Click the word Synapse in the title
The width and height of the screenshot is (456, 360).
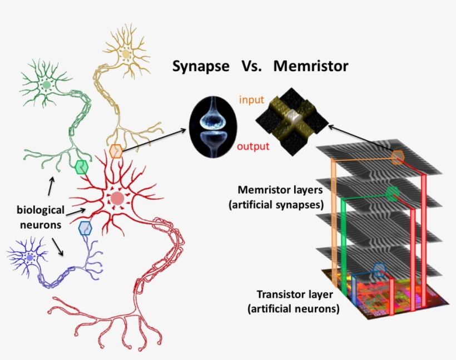200,66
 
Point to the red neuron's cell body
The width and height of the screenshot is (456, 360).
117,199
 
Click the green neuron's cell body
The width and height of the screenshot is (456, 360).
46,86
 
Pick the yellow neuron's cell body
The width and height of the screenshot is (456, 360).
126,54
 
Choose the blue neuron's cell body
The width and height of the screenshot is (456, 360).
29,258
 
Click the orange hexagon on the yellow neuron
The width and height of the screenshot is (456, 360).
116,151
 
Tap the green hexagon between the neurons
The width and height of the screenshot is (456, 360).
81,166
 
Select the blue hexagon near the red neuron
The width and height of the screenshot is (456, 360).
85,228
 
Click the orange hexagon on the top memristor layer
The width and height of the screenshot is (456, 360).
398,157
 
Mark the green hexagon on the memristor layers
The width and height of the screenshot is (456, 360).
392,194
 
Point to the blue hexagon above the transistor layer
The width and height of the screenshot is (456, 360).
379,270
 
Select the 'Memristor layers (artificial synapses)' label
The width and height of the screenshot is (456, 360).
276,197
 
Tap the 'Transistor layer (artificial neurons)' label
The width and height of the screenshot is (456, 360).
298,301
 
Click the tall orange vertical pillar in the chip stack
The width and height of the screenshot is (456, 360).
333,223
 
